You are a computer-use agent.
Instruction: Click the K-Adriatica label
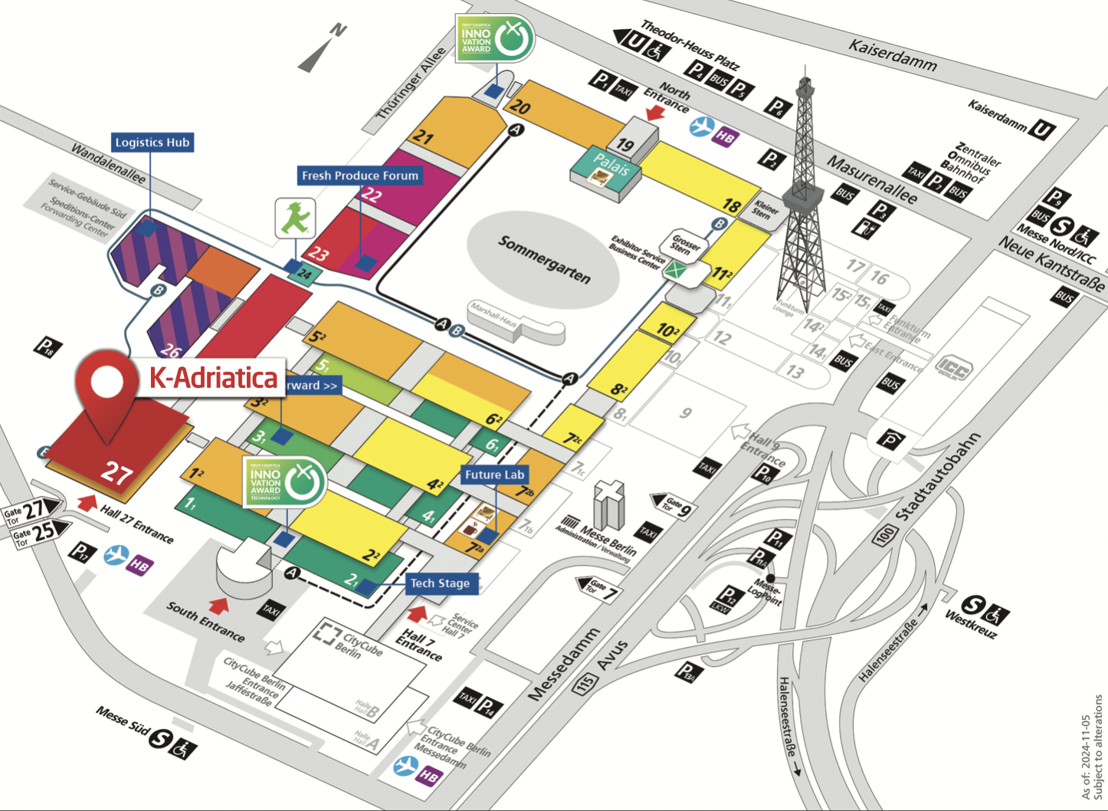212,378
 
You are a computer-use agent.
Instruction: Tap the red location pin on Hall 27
107,387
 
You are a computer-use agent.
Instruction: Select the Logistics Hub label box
152,143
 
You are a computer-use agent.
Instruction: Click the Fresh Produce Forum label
360,176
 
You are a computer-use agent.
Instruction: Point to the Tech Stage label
440,583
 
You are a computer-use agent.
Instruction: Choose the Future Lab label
494,475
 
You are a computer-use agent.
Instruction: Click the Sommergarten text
544,259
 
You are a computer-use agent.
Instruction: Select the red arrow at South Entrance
219,606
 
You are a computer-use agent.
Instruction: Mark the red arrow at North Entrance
655,113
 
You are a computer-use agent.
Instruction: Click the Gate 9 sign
672,504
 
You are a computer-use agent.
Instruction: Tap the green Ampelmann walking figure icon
294,218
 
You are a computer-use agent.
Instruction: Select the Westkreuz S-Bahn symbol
973,606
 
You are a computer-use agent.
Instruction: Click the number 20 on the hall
520,107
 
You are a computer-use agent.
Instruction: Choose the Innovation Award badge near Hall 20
495,38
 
